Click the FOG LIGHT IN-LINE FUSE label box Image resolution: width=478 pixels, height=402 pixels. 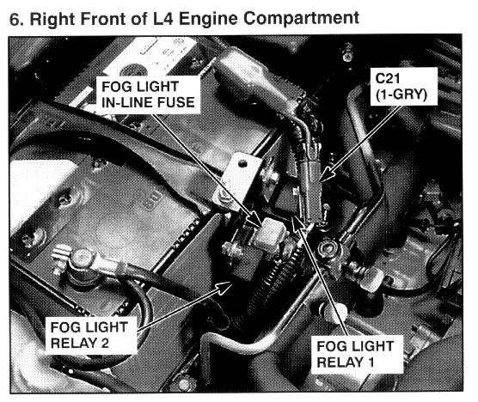point(148,94)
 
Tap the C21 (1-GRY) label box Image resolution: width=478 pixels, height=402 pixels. point(403,87)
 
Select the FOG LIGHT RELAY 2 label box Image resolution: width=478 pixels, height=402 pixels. point(91,335)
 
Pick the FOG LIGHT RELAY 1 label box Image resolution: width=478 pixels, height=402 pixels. point(357,354)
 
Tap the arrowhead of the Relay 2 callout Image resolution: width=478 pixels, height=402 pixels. point(224,287)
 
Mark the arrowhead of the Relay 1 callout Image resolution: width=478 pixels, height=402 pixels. point(295,222)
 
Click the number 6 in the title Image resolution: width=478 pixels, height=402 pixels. point(14,19)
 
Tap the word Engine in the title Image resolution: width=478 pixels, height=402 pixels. point(208,20)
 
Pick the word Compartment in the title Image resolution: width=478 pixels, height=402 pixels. point(301,18)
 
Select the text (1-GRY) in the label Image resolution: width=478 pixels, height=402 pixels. point(401,94)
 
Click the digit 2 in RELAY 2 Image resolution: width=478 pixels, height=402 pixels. point(104,344)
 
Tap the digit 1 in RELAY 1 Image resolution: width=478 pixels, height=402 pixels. point(371,362)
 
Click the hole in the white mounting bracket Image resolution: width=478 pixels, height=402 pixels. point(242,164)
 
